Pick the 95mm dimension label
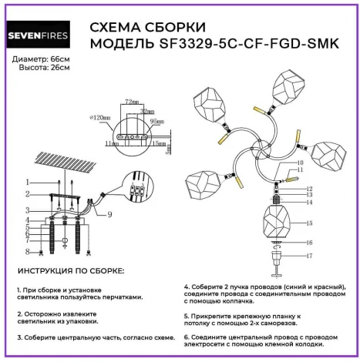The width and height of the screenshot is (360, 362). coord(156,122)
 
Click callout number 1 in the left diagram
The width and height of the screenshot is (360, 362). coord(28,182)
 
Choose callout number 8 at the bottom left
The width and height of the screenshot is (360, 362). coord(28,251)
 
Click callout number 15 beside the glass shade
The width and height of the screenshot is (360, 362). coord(309,224)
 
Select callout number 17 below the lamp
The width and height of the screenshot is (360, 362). coord(309,255)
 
